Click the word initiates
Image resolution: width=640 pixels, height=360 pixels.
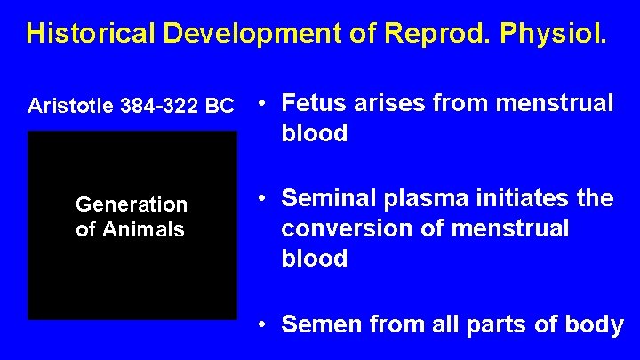(x=524, y=197)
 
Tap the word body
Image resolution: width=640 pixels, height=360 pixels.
(x=595, y=325)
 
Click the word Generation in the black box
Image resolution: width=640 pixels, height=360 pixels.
(x=132, y=205)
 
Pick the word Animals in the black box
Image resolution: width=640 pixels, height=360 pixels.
(x=143, y=229)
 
